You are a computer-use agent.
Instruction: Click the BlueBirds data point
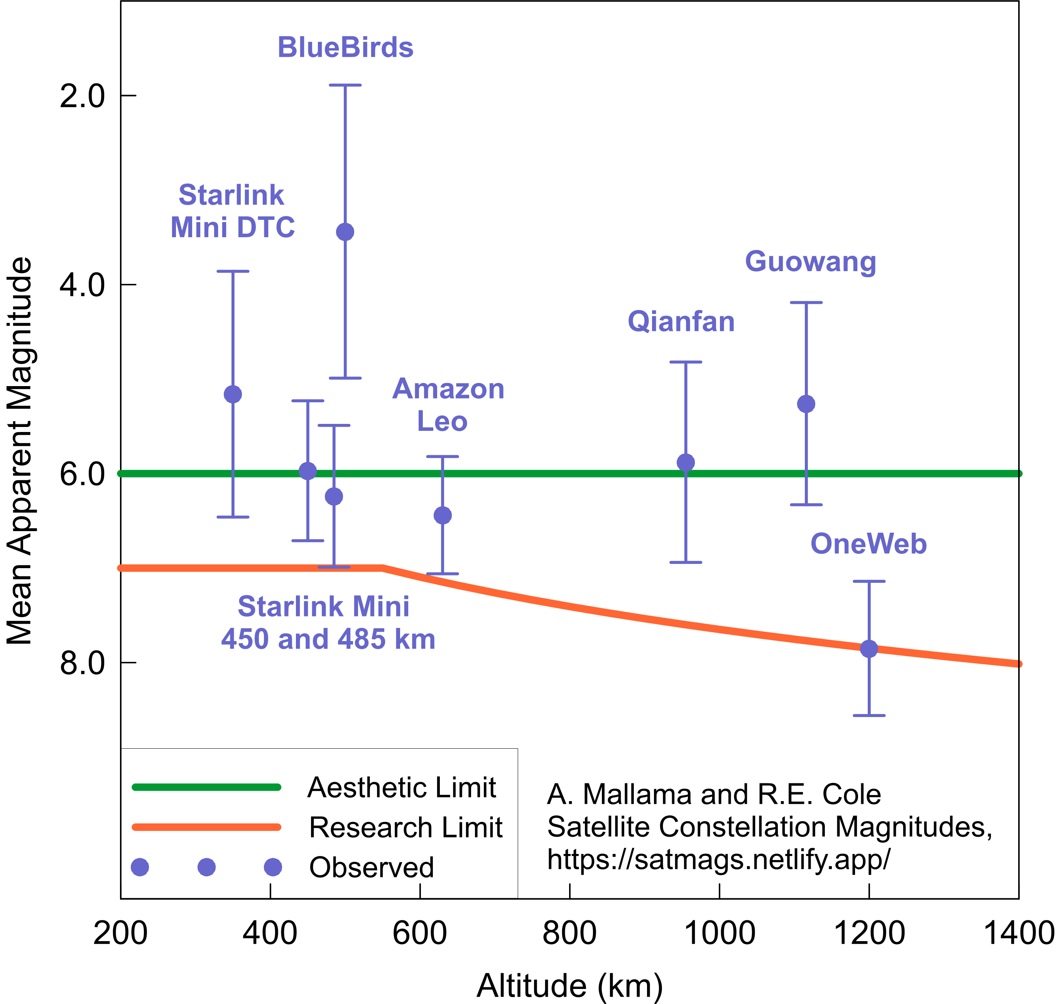point(345,232)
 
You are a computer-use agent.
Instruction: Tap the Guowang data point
point(806,404)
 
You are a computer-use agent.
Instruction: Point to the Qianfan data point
point(686,462)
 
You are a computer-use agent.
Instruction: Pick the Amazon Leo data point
point(443,515)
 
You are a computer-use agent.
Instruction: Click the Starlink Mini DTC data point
point(233,395)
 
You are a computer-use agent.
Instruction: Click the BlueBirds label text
point(345,47)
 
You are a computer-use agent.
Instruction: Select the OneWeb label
point(868,544)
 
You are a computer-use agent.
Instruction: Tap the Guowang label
point(810,262)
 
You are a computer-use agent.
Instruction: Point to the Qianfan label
point(681,322)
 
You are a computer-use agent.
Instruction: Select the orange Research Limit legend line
point(206,827)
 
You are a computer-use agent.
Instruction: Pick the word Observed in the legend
point(372,867)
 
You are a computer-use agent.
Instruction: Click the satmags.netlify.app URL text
point(718,860)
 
